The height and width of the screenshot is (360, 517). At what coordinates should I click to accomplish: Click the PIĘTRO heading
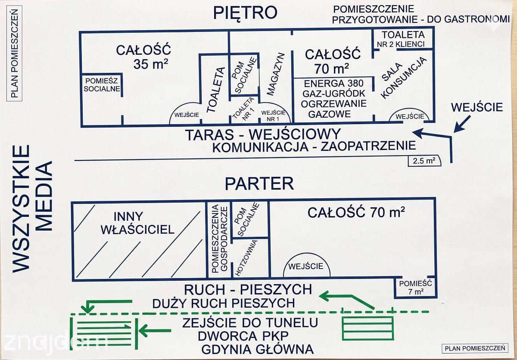click(245, 13)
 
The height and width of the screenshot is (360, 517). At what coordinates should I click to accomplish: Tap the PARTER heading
click(259, 184)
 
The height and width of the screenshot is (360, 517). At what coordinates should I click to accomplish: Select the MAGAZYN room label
click(276, 74)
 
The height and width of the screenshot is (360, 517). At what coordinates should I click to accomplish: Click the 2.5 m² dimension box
click(424, 161)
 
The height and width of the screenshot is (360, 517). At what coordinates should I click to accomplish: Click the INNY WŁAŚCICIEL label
click(137, 223)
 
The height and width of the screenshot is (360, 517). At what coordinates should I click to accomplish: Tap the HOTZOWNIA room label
click(246, 258)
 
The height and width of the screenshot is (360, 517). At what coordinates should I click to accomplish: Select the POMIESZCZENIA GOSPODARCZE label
click(219, 239)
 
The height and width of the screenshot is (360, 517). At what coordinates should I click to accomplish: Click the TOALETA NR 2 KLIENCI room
click(403, 39)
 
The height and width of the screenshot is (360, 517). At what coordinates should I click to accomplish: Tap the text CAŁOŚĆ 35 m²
click(143, 57)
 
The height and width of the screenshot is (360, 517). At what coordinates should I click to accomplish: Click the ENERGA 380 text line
click(334, 83)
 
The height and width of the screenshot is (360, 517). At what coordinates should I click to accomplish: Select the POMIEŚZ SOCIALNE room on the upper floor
click(102, 85)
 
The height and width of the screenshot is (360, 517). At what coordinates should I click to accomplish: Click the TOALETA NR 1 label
click(244, 109)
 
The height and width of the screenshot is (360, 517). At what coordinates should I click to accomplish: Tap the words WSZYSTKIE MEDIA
click(32, 209)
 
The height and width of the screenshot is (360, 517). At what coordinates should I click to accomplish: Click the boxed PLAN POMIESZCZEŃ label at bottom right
click(475, 348)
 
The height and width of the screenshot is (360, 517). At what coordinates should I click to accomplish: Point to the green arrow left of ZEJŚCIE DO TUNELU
click(155, 331)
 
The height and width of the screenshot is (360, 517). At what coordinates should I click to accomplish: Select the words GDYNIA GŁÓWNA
click(257, 349)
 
